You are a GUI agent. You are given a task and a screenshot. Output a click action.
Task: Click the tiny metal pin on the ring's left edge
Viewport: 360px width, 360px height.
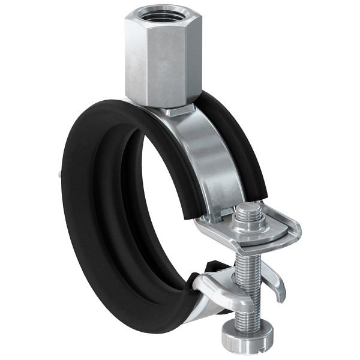[x=58, y=175]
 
